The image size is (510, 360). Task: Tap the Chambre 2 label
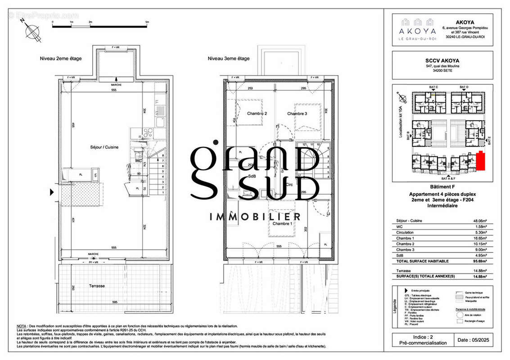(x=257, y=114)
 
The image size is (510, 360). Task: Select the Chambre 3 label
(x=297, y=114)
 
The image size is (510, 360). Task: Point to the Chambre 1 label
(x=282, y=224)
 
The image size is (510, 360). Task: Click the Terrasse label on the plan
(x=97, y=286)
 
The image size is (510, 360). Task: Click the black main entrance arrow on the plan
(x=52, y=193)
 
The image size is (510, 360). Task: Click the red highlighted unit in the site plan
(x=481, y=161)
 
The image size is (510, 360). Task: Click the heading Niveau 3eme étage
(x=228, y=58)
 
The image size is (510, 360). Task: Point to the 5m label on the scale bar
(x=147, y=22)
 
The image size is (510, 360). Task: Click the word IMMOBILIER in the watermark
(x=255, y=217)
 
